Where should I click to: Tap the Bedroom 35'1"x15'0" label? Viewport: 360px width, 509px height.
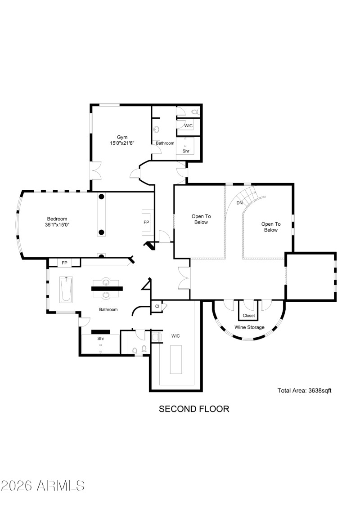coord(57,222)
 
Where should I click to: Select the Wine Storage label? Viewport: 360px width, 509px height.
coord(249,327)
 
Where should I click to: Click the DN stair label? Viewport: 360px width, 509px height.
coord(239,203)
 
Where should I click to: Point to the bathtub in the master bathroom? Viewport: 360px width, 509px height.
coord(66,289)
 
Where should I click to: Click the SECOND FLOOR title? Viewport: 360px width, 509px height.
coord(194,409)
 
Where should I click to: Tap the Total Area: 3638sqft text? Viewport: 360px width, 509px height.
coord(304,390)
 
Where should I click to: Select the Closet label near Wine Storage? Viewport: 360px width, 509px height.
coord(248,316)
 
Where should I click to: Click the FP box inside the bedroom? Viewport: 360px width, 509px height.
coord(146,222)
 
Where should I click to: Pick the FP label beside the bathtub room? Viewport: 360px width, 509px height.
coord(64,263)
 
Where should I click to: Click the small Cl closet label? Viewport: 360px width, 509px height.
coord(157,307)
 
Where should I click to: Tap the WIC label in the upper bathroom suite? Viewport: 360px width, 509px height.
coord(188,126)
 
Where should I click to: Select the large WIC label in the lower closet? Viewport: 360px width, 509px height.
coord(175,335)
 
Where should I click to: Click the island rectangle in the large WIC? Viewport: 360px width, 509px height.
coord(176,359)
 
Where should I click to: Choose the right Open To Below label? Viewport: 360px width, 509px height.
coord(271,227)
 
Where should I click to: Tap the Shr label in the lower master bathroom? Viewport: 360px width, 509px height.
coord(100,338)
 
